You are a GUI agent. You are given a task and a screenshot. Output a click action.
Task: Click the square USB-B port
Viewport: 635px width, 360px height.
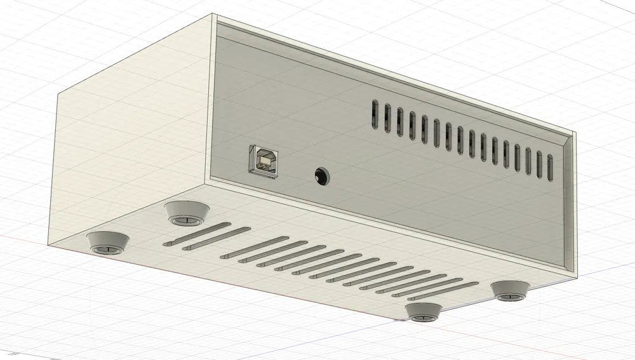point(264,160)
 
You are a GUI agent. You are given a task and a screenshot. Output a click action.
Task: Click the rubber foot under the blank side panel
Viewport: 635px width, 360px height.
point(107,243)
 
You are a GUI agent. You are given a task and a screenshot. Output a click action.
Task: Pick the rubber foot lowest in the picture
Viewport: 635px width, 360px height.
point(424,311)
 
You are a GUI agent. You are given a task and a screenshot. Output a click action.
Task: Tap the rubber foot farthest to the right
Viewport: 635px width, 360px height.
point(511,290)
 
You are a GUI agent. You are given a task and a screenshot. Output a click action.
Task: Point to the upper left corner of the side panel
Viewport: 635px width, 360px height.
point(59,94)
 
